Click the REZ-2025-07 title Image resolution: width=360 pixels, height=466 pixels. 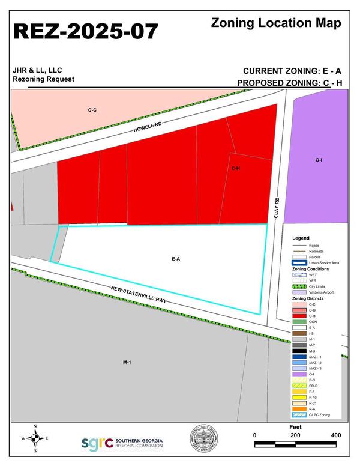click(x=86, y=31)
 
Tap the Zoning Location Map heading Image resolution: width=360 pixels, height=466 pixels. click(x=277, y=23)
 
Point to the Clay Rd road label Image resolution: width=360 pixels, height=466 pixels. click(x=278, y=208)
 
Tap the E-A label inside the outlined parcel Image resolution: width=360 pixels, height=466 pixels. click(x=176, y=259)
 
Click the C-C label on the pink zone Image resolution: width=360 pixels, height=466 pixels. click(x=92, y=110)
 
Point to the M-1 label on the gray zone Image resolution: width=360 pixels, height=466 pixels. click(x=127, y=363)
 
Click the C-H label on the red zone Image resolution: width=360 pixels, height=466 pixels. click(x=236, y=169)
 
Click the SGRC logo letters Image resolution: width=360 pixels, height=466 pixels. click(x=97, y=443)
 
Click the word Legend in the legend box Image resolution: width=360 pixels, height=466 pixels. click(x=301, y=238)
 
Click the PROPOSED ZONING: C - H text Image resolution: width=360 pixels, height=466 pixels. click(x=289, y=83)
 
